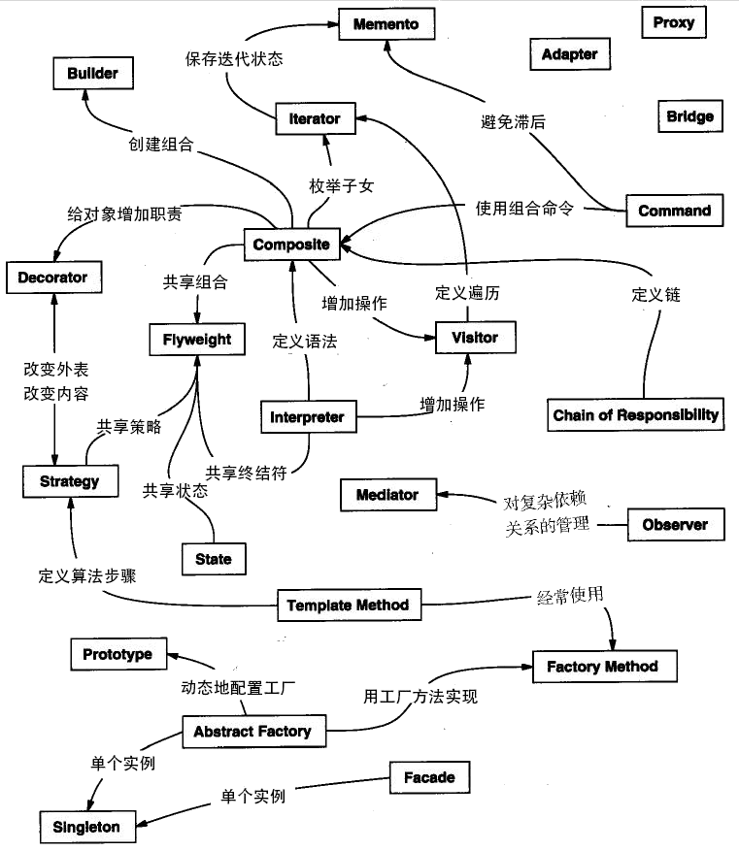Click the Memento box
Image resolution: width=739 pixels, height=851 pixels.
[386, 23]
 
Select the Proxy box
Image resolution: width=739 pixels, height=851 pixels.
[673, 22]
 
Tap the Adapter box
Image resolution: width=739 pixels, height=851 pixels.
[569, 54]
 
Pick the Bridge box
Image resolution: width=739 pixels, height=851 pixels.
[689, 116]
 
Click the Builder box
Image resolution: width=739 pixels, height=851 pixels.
[92, 73]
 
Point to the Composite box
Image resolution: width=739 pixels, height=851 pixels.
[291, 245]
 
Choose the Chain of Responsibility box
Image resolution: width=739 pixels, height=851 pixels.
[636, 415]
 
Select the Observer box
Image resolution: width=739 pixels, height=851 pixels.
[675, 525]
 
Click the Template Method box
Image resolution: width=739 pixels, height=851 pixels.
[348, 606]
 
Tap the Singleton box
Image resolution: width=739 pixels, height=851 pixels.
[87, 827]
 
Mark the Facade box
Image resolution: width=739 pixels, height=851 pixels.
[428, 777]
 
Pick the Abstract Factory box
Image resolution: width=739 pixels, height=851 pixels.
[252, 731]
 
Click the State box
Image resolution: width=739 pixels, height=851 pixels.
[214, 559]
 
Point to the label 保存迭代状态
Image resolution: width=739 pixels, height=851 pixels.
[234, 59]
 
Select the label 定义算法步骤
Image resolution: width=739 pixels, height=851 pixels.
[87, 575]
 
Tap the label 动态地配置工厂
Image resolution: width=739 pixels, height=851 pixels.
[238, 688]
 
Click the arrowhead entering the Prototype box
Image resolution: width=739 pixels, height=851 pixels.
[171, 655]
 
